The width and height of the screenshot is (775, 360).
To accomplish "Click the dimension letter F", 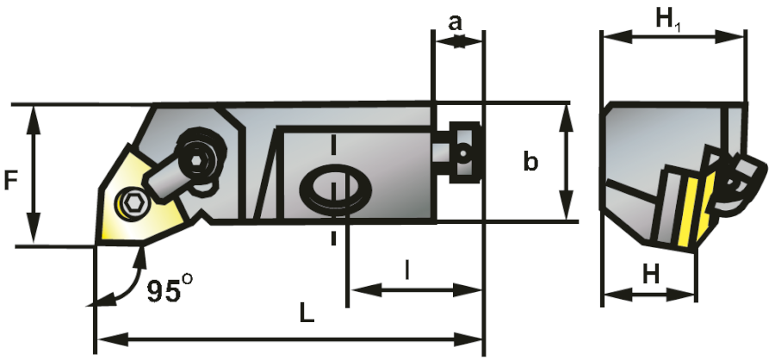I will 11,180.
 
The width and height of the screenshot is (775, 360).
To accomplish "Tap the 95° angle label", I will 165,291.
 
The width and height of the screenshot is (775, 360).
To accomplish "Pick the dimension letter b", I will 532,161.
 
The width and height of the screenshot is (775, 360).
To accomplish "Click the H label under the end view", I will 651,275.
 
